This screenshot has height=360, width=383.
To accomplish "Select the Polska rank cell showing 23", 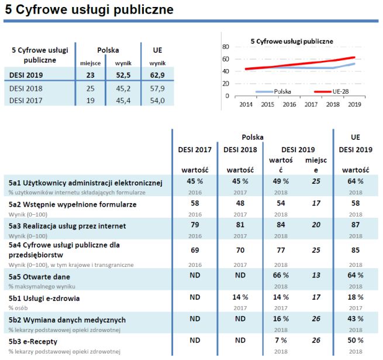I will (x=90, y=75).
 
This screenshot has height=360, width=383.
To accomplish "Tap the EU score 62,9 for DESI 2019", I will (x=157, y=75).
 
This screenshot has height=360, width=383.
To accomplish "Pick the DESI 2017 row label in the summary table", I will (x=26, y=100).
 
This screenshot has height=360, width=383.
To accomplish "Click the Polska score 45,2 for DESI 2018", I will (x=123, y=88).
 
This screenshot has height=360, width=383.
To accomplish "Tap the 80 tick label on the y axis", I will (x=226, y=46).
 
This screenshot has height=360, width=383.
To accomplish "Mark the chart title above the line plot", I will (x=291, y=42).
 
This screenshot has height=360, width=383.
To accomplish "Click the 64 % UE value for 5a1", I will (x=356, y=181).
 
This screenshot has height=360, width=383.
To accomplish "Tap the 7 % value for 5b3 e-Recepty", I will (x=281, y=340).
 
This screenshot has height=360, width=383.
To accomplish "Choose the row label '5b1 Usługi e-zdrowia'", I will (x=44, y=298).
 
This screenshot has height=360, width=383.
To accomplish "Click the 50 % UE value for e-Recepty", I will (x=356, y=340).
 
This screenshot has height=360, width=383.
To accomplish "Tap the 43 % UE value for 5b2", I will (x=356, y=319).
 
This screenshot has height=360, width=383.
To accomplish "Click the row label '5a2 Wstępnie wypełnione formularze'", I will (x=73, y=204).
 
